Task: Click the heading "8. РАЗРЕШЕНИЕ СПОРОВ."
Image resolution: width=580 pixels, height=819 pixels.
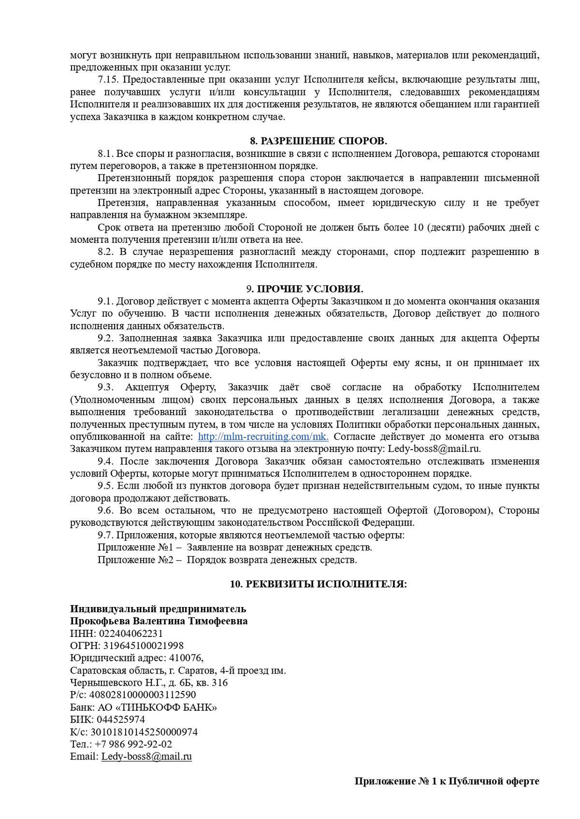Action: pyautogui.click(x=319, y=141)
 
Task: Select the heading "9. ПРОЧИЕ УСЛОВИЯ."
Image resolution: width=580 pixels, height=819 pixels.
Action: pyautogui.click(x=304, y=289)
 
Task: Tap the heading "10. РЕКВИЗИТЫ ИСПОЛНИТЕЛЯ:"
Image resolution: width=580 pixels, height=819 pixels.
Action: pyautogui.click(x=319, y=584)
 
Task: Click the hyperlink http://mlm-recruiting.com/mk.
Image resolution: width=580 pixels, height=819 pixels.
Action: pyautogui.click(x=263, y=437)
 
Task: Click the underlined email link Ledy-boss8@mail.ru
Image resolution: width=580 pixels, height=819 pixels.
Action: pyautogui.click(x=146, y=757)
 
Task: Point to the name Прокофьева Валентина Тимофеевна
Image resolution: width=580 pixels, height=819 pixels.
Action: pyautogui.click(x=159, y=621)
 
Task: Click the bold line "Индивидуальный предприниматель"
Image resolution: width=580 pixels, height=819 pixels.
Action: pyautogui.click(x=158, y=608)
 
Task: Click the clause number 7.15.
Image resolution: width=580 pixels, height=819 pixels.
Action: pyautogui.click(x=109, y=79)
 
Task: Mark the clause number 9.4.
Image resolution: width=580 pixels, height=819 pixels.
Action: pyautogui.click(x=105, y=461)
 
